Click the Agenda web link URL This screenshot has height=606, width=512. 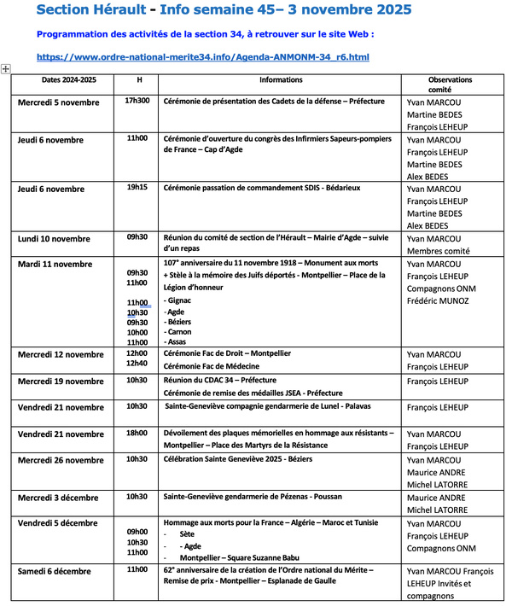[x=203, y=57]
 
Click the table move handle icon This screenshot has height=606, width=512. [x=6, y=68]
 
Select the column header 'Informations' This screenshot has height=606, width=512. [x=281, y=80]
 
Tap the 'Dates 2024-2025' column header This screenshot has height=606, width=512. [x=57, y=80]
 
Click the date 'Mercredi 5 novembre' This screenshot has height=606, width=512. [x=59, y=102]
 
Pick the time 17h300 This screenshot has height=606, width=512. [x=137, y=101]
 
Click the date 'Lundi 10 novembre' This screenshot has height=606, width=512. [x=54, y=239]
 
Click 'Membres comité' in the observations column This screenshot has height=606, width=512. [x=439, y=251]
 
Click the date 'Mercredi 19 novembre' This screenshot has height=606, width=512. [x=61, y=382]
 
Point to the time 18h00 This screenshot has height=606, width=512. [x=137, y=434]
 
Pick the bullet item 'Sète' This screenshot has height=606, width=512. [x=187, y=533]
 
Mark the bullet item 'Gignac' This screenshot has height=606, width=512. [x=179, y=301]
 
